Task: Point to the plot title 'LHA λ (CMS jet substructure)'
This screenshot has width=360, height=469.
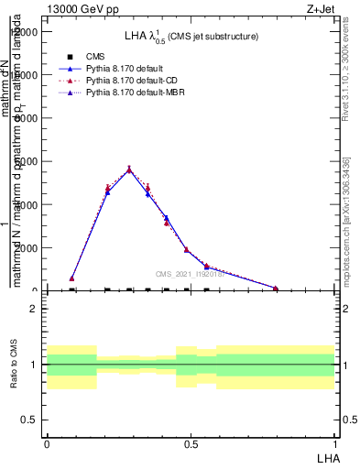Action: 191,37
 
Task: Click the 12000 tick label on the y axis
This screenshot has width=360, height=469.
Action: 23,32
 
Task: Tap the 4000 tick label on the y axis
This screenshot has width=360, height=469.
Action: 26,204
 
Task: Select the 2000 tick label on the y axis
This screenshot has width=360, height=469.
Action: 26,248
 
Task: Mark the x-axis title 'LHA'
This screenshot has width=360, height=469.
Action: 327,457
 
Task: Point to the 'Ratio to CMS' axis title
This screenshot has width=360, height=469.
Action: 14,365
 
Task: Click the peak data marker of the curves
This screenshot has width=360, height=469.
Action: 129,169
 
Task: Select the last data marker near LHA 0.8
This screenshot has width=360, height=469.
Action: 275,288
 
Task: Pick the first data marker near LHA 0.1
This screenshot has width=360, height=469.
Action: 72,278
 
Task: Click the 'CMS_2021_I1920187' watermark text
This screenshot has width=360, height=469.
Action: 191,274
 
